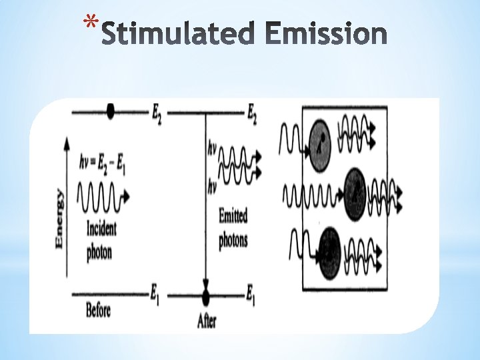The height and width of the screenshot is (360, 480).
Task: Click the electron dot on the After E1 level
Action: (206, 294)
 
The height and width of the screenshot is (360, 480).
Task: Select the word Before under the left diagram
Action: (98, 310)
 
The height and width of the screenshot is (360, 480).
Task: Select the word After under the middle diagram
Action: (207, 321)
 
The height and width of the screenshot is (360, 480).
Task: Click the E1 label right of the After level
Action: (251, 293)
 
